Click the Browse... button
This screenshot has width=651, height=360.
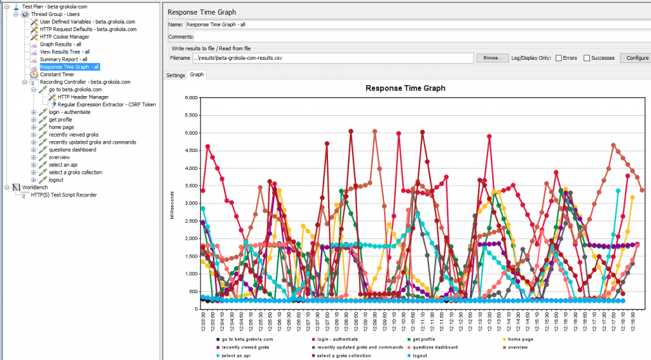click(x=492, y=58)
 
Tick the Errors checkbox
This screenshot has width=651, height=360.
click(x=559, y=58)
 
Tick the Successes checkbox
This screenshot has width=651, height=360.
click(x=587, y=58)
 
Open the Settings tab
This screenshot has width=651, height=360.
click(x=175, y=75)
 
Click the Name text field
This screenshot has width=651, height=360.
click(x=416, y=25)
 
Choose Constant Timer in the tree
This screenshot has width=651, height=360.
click(x=57, y=74)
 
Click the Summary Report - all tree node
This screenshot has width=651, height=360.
click(x=64, y=59)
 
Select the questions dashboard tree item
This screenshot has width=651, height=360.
click(x=72, y=149)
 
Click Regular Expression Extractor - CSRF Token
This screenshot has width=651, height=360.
click(x=106, y=104)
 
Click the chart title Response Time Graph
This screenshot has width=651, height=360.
click(x=405, y=88)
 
